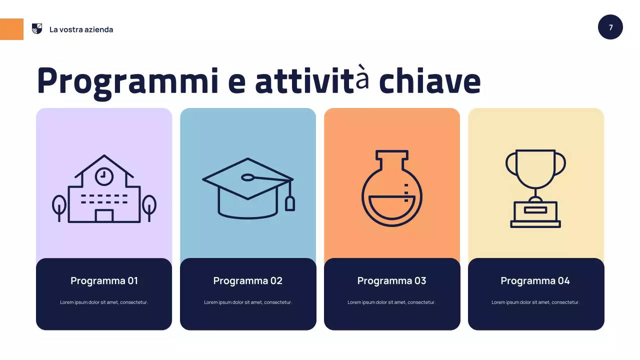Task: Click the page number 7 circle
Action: coord(610,27)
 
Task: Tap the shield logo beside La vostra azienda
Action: coord(37,29)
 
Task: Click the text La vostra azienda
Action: coord(81,29)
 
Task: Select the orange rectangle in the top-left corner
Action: coord(11,29)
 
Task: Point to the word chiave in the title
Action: coord(429,81)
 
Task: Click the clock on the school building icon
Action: coord(104,175)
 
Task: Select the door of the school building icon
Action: coord(104,216)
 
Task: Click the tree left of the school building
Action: coord(59,206)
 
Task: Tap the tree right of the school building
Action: coord(149,206)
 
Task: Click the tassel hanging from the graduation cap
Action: coord(290,203)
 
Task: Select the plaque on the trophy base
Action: coord(535,210)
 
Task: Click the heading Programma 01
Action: coord(104,280)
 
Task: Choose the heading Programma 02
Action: coord(248,280)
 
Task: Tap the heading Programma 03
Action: coord(391,280)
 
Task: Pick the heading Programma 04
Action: coord(535,280)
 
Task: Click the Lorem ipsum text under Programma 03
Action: coord(391,302)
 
